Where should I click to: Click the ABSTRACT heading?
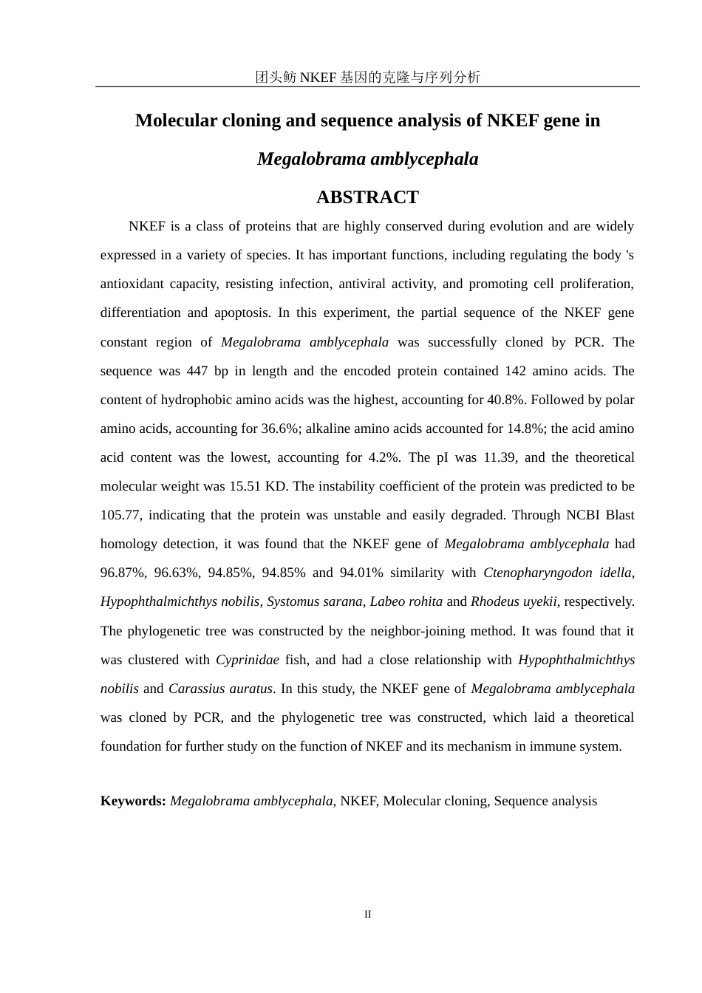367,197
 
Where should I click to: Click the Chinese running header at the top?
367,77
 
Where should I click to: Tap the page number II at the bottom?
367,915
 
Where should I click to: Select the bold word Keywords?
133,801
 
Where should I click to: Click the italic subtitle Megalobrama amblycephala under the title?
367,159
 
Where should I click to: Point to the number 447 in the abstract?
197,371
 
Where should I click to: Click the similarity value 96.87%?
122,573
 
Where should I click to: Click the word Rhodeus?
494,601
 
